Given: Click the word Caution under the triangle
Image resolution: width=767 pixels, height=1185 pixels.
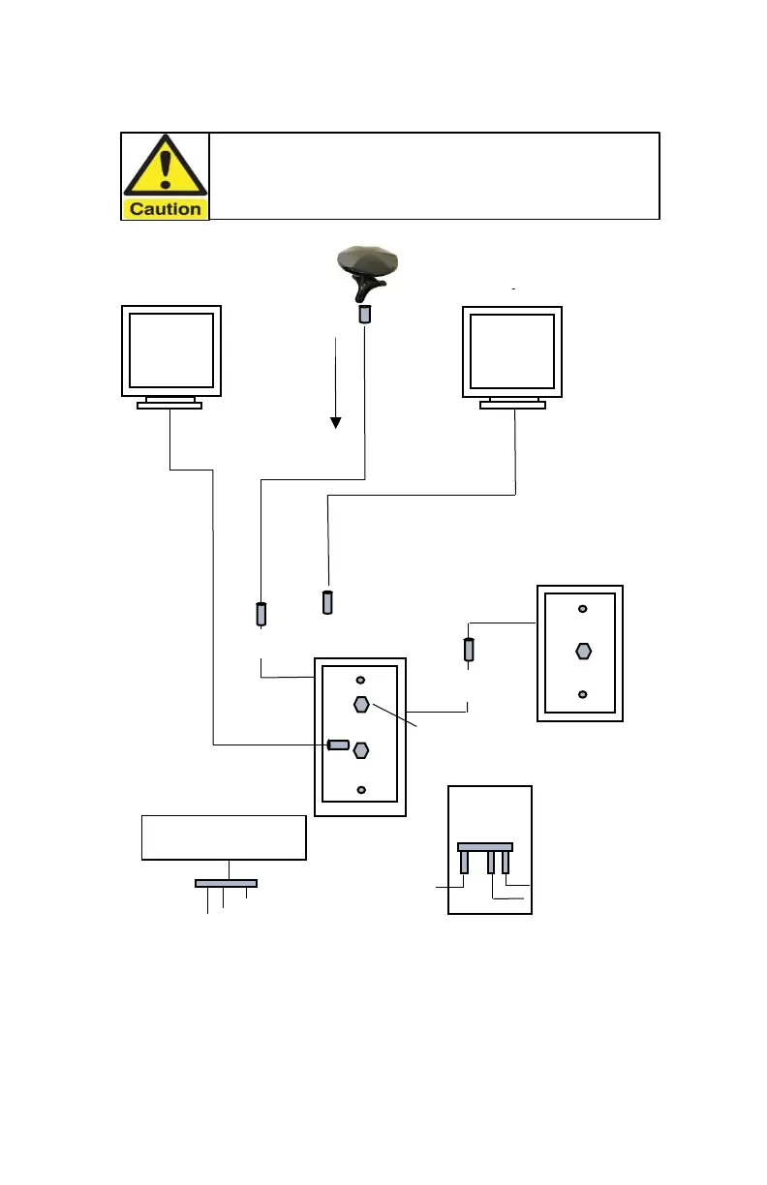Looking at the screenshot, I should pyautogui.click(x=166, y=208).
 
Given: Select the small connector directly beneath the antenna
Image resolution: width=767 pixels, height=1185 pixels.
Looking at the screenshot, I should pyautogui.click(x=365, y=316).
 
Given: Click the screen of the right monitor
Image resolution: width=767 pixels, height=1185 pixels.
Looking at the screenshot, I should pyautogui.click(x=512, y=349).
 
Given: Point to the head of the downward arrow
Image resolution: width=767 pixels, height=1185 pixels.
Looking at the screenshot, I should pyautogui.click(x=335, y=421).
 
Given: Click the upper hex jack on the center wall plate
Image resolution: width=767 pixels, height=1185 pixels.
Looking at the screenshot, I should pyautogui.click(x=360, y=704).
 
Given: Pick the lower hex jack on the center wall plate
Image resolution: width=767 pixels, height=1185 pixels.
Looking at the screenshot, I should pyautogui.click(x=361, y=748).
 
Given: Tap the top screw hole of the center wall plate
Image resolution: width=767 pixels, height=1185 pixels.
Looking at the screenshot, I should pyautogui.click(x=360, y=681).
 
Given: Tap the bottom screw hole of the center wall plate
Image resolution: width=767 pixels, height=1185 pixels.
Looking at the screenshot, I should pyautogui.click(x=361, y=790).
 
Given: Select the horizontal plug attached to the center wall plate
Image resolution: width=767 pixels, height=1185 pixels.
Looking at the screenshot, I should pyautogui.click(x=338, y=744).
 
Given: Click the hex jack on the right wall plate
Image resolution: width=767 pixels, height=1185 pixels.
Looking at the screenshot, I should pyautogui.click(x=583, y=651).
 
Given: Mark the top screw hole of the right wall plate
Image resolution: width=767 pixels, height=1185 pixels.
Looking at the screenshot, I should pyautogui.click(x=582, y=609).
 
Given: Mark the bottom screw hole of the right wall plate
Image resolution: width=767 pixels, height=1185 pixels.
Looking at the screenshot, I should pyautogui.click(x=582, y=694).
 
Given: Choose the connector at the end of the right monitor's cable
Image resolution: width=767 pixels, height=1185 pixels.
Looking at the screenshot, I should pyautogui.click(x=327, y=602).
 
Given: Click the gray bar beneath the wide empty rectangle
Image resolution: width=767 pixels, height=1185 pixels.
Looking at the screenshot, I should pyautogui.click(x=226, y=883).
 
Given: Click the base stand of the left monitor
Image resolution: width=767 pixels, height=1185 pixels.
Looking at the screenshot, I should pyautogui.click(x=169, y=406).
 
